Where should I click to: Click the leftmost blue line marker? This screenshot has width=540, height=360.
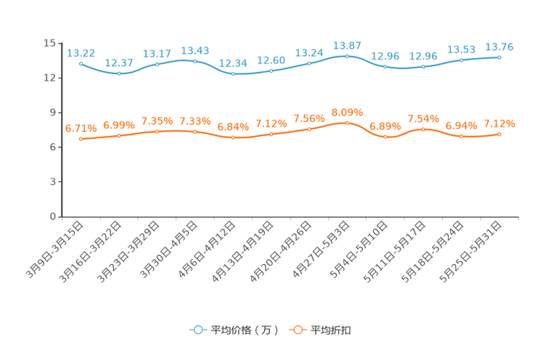(81, 63)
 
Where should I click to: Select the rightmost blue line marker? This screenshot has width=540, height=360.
(499, 57)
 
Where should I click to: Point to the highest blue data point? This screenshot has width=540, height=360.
(347, 56)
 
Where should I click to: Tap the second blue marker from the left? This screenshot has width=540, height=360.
(119, 73)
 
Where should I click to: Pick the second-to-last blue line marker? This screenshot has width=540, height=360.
(462, 60)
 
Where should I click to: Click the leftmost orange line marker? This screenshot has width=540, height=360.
(81, 139)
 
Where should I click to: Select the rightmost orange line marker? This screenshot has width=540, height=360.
(499, 134)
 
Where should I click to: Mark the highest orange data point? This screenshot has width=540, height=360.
(347, 123)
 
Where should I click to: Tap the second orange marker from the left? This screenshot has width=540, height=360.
(119, 135)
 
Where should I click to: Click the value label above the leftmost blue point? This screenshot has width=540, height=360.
(81, 52)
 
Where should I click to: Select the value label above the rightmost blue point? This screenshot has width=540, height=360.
(499, 47)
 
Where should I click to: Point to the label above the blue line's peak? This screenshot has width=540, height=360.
(347, 46)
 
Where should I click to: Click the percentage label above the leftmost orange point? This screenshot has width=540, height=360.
(79, 128)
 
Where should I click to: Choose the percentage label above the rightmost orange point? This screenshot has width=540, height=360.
(499, 124)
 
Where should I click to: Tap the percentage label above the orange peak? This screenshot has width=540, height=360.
(347, 112)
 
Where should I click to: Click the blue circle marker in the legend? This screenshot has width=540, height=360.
(197, 330)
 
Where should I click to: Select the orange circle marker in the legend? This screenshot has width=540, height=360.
(297, 330)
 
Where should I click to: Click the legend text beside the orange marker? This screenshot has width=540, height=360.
(332, 330)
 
